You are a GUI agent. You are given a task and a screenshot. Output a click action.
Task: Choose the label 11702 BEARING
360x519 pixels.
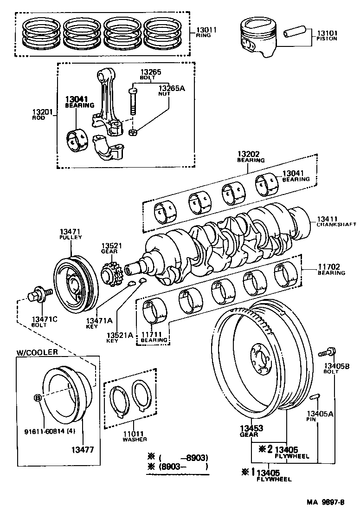331,269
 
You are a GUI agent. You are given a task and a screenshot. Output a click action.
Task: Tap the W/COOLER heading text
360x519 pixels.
37,352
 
